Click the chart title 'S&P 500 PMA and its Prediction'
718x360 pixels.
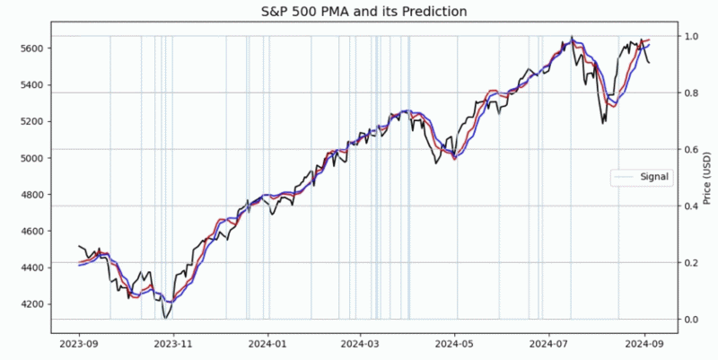click(x=359, y=12)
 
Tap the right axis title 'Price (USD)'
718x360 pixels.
click(x=708, y=177)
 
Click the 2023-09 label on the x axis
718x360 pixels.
click(x=79, y=342)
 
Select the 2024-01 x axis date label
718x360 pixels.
click(x=267, y=342)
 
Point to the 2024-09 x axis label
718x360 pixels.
click(x=645, y=342)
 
